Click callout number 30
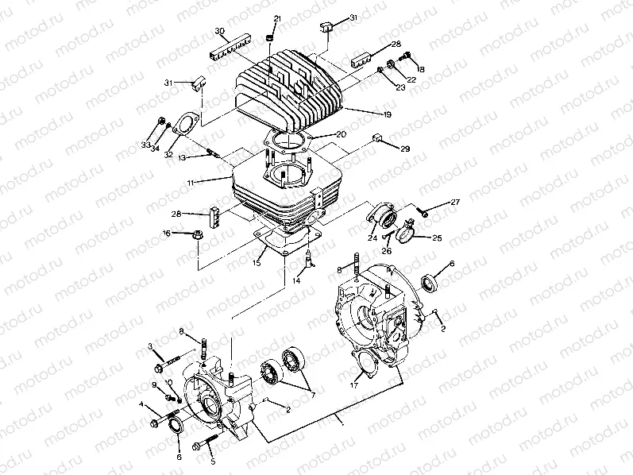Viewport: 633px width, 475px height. pos(221,31)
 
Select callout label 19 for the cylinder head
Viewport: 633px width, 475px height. pos(388,115)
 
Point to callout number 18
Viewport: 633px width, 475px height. pos(420,70)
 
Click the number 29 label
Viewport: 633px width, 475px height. pos(405,149)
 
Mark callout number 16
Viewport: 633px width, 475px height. pos(167,233)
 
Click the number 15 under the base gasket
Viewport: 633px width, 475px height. pos(257,262)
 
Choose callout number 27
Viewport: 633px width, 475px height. pos(455,203)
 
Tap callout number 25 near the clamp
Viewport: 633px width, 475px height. pos(436,237)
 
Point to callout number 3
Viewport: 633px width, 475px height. pos(149,346)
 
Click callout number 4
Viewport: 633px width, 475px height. pos(142,404)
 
